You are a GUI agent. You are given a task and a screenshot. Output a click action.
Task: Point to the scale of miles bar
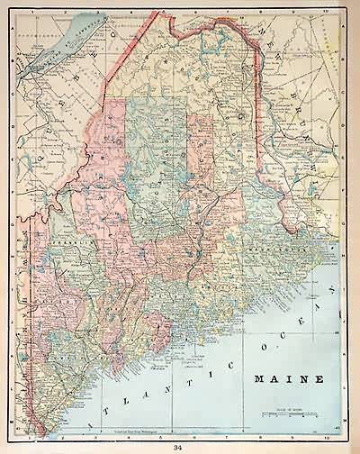(289, 414)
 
